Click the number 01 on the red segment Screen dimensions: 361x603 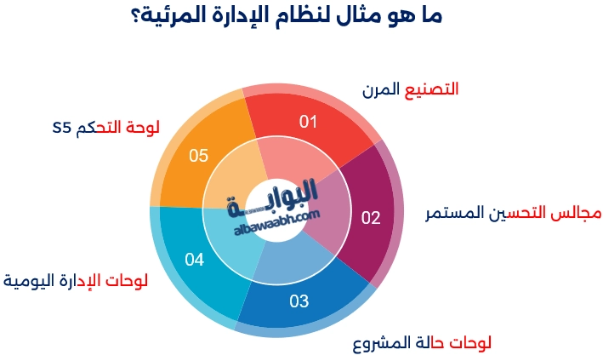coord(308,121)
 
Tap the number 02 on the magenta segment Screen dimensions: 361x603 coord(371,217)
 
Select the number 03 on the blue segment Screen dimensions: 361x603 coord(299,300)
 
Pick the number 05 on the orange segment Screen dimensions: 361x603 coord(198,155)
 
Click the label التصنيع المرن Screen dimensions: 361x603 coord(410,89)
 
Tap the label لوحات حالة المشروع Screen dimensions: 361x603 coord(422,343)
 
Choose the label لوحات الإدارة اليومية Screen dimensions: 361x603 coord(76,280)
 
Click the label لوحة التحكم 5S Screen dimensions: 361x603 coord(105,128)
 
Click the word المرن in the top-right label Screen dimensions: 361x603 coord(380,89)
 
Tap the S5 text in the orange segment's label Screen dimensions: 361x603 coord(60,129)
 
